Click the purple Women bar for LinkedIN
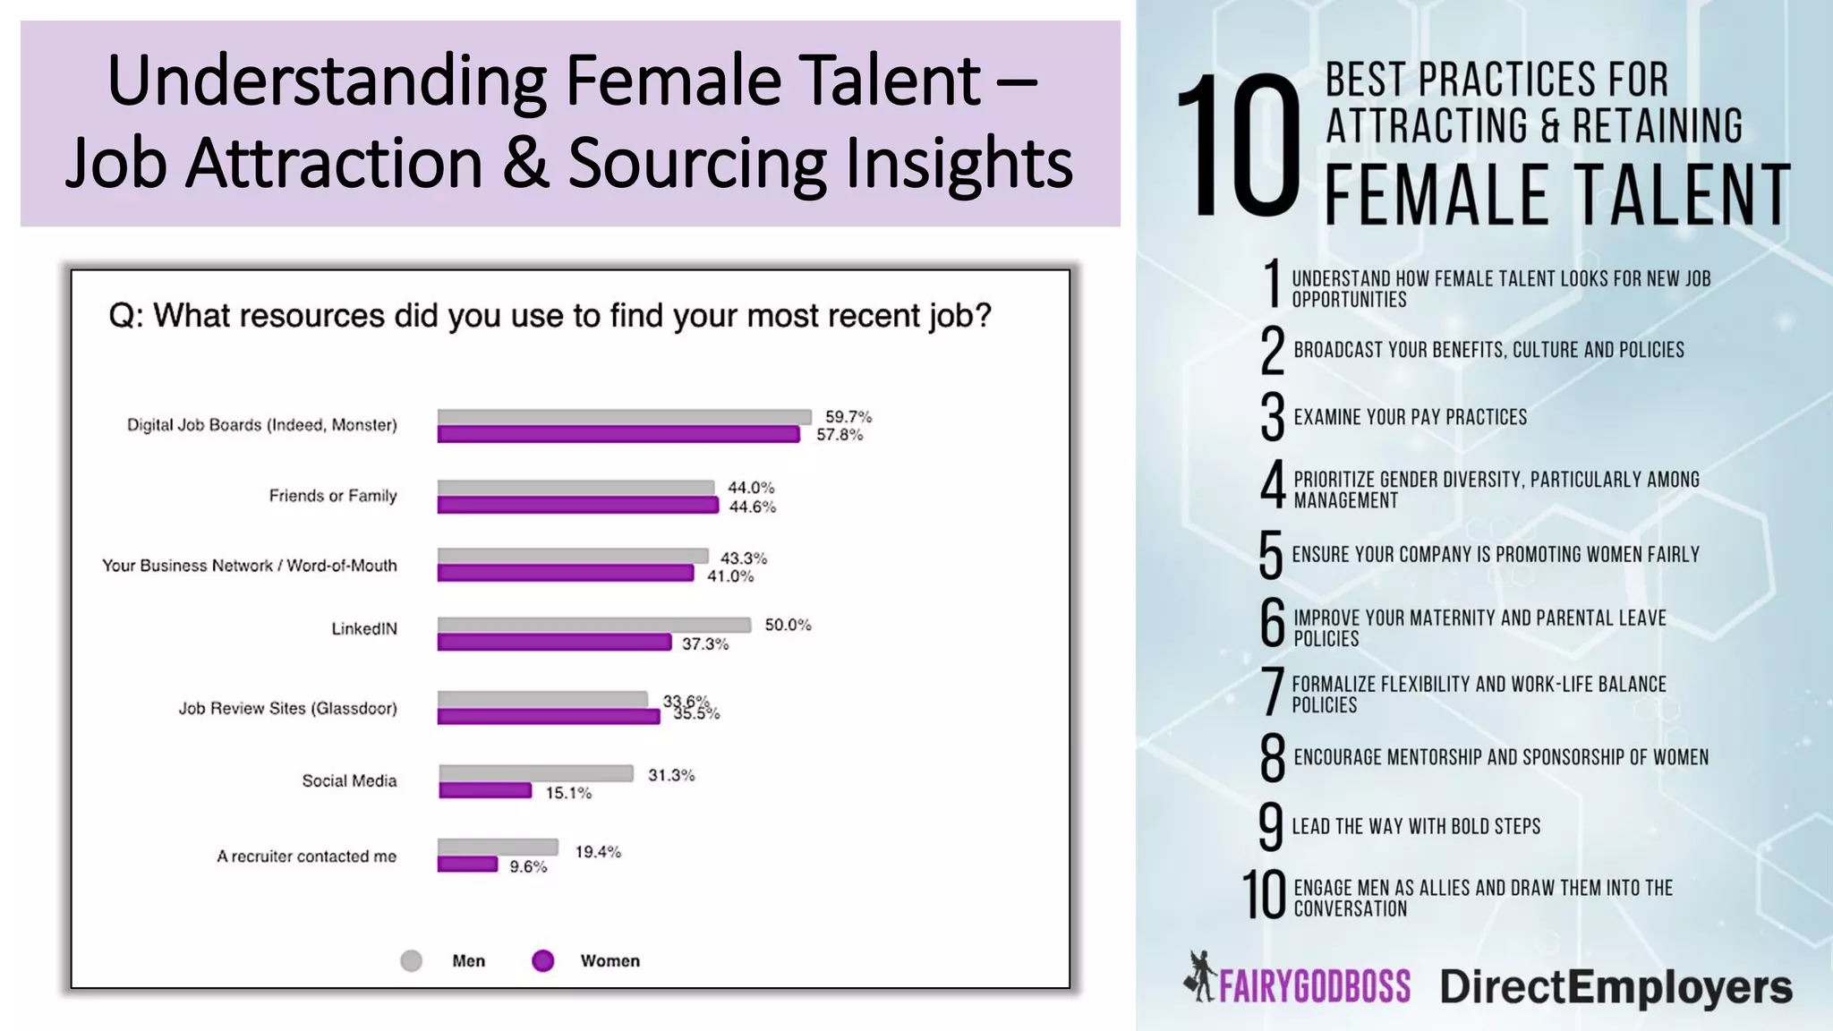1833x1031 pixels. [554, 643]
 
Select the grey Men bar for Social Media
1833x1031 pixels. [535, 773]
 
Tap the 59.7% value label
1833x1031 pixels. [848, 417]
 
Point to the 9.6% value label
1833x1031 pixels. [528, 866]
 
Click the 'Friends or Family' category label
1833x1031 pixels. [332, 496]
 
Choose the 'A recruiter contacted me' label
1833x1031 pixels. [306, 856]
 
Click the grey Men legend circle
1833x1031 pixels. [411, 961]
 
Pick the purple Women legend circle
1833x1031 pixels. [542, 961]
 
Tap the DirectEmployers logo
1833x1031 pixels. [1616, 987]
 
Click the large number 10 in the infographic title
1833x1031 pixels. [1239, 148]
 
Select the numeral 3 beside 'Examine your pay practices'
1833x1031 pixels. [1272, 417]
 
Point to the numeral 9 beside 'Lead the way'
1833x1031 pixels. [1270, 826]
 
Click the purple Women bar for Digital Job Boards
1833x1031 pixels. [618, 435]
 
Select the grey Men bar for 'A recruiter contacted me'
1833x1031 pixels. [498, 847]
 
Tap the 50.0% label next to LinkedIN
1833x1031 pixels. [788, 625]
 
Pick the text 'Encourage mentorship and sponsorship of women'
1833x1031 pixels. [1501, 758]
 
